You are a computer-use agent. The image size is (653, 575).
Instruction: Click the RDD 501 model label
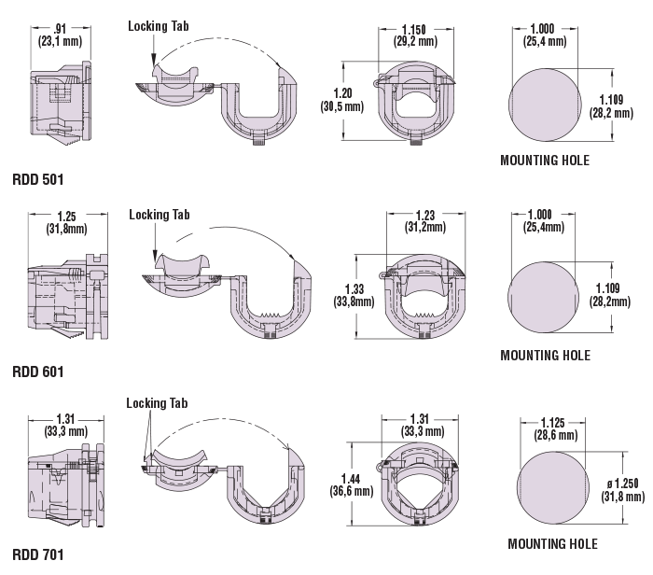pos(38,178)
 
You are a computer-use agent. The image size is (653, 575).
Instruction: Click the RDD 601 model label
pos(38,372)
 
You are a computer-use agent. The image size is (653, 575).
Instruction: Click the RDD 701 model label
pos(38,555)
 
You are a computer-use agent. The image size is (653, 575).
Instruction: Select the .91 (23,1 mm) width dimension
pos(58,35)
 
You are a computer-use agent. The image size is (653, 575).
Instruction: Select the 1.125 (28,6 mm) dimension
pos(556,428)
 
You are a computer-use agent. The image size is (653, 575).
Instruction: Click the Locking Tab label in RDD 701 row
pos(157,403)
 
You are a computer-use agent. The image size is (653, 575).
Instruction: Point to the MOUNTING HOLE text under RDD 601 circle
pos(545,355)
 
